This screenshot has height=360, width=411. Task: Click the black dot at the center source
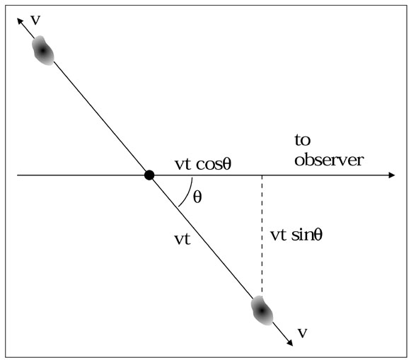coord(149,175)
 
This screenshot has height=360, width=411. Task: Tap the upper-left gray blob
coord(42,50)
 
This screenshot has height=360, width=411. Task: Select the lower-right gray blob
coord(262,310)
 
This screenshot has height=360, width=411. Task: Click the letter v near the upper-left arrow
coord(35,21)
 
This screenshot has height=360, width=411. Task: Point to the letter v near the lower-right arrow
coord(303,332)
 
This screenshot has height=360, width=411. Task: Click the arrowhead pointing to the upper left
coord(20,21)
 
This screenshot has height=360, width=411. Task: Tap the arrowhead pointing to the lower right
coord(289,342)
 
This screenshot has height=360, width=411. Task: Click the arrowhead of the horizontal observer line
coord(392,175)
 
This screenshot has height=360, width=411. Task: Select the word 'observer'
coord(329,160)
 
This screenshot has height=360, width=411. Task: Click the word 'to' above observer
coord(303,140)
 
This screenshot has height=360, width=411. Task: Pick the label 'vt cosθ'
coord(203,164)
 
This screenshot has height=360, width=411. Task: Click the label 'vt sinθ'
coord(296,235)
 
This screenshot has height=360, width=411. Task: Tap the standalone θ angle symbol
coord(197,197)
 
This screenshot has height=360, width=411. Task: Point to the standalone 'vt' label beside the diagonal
coord(183,239)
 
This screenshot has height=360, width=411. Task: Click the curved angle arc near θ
coord(188,194)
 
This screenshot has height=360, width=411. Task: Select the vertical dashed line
coord(262,236)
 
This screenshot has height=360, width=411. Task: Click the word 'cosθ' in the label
coord(214,164)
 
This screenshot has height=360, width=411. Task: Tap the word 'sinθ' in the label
coord(307,235)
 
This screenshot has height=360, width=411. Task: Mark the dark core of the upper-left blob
coord(42,50)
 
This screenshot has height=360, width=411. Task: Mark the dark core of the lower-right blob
coord(262,310)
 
